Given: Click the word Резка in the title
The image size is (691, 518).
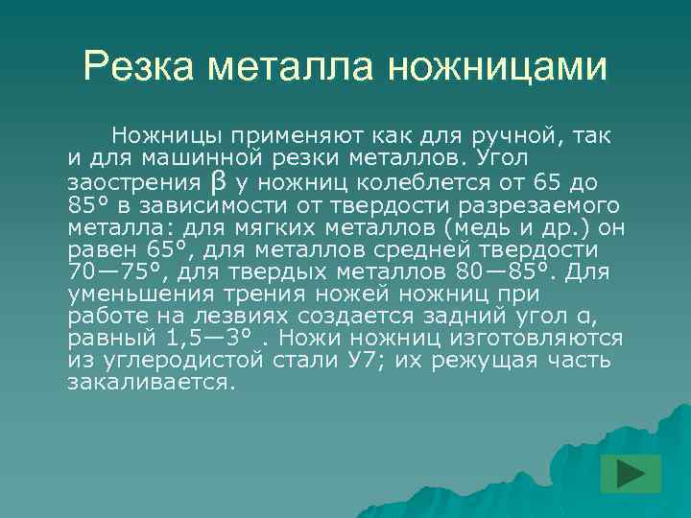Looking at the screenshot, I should pos(143,66).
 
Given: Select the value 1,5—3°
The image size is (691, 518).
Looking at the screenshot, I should pos(206,339).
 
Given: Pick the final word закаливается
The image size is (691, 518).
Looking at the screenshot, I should pos(151,383).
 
